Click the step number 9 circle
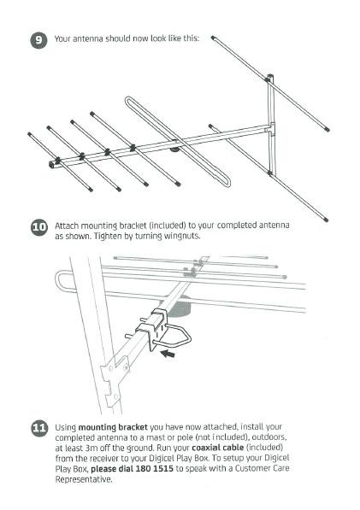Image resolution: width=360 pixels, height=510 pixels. pyautogui.click(x=39, y=40)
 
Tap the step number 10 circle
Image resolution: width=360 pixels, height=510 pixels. pyautogui.click(x=39, y=227)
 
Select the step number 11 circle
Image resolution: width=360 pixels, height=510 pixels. pyautogui.click(x=39, y=428)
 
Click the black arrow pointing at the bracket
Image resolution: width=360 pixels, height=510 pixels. pyautogui.click(x=168, y=354)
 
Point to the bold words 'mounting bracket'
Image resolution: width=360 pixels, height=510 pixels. pyautogui.click(x=113, y=427)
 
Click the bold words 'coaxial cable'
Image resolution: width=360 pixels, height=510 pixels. pyautogui.click(x=218, y=448)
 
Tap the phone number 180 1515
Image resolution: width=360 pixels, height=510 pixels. pyautogui.click(x=154, y=469)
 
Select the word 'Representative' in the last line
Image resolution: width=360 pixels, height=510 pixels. pyautogui.click(x=83, y=479)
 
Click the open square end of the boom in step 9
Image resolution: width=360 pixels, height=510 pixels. pyautogui.click(x=52, y=164)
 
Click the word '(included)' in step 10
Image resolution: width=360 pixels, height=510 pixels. pyautogui.click(x=167, y=226)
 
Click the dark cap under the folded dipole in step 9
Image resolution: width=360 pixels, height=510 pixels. pyautogui.click(x=174, y=149)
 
